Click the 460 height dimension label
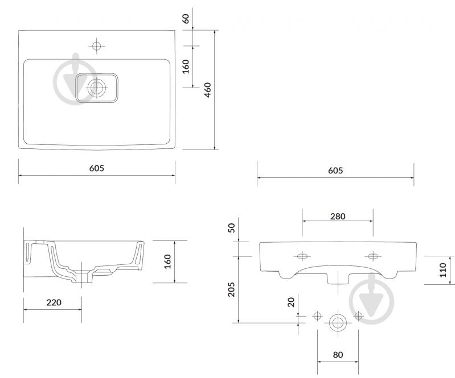pyautogui.click(x=208, y=90)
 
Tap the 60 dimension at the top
pyautogui.click(x=186, y=19)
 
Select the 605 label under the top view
pyautogui.click(x=97, y=168)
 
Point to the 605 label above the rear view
pyautogui.click(x=335, y=171)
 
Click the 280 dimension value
pyautogui.click(x=338, y=217)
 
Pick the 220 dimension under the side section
pyautogui.click(x=54, y=302)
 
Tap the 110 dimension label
pyautogui.click(x=443, y=270)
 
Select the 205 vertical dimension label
pyautogui.click(x=231, y=289)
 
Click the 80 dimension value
pyautogui.click(x=338, y=355)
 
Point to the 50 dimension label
pyautogui.click(x=231, y=228)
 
